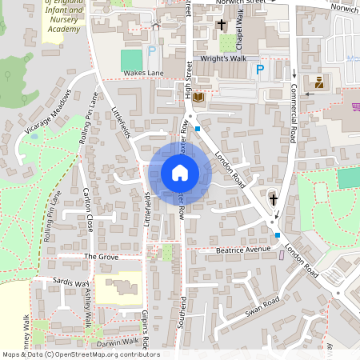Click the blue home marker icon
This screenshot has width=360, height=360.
click(179, 173)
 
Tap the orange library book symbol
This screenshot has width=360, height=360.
click(198, 98)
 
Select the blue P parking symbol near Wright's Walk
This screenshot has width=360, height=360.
click(259, 71)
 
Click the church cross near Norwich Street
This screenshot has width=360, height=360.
click(222, 26)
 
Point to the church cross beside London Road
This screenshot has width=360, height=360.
click(273, 199)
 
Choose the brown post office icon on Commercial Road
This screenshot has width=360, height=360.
click(319, 82)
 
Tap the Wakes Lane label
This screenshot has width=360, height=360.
click(142, 73)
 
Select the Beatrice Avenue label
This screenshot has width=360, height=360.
click(244, 250)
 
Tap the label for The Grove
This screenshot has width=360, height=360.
click(101, 256)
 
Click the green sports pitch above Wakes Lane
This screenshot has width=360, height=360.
click(130, 59)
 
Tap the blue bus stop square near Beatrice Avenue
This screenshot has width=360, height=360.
click(278, 235)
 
